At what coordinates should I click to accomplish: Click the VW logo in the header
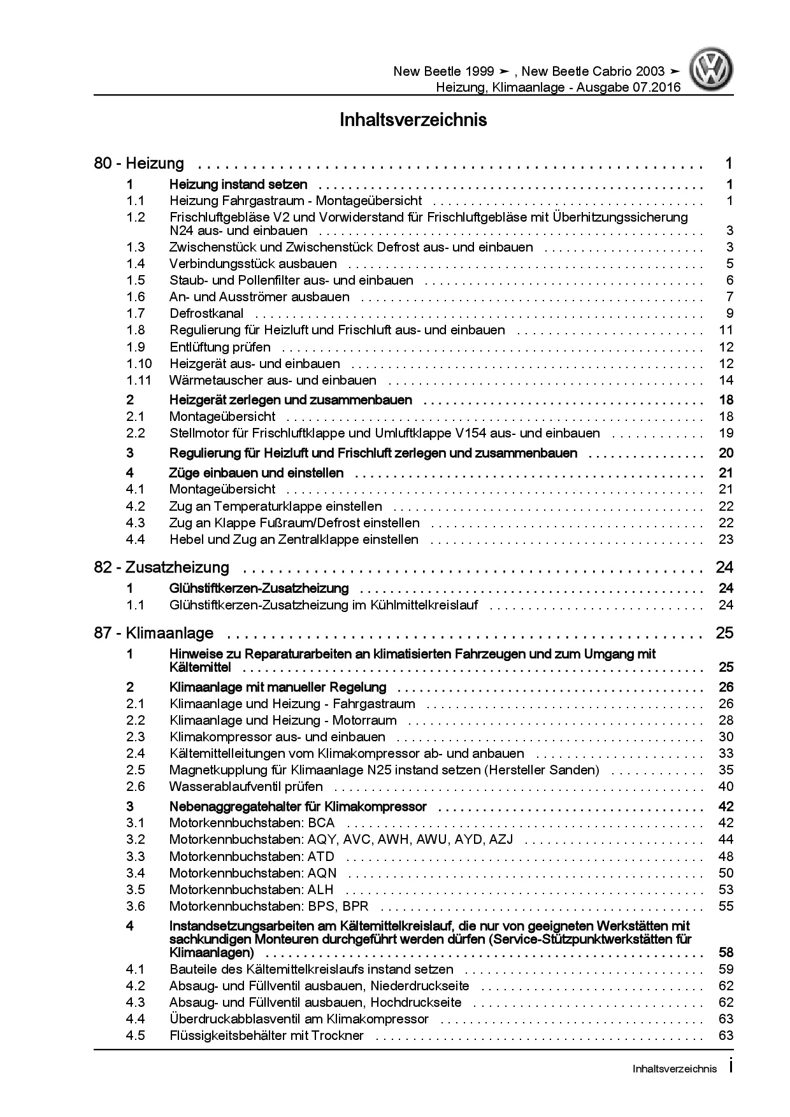pyautogui.click(x=713, y=71)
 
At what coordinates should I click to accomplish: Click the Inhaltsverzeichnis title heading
pyautogui.click(x=413, y=120)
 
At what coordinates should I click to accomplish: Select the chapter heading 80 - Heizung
pyautogui.click(x=139, y=164)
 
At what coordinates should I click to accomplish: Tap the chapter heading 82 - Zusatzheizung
pyautogui.click(x=162, y=567)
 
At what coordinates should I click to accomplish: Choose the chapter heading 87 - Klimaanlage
pyautogui.click(x=154, y=633)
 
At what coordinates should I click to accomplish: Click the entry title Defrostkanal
pyautogui.click(x=206, y=313)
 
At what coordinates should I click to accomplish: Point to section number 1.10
pyautogui.click(x=139, y=364)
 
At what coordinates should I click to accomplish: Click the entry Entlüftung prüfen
pyautogui.click(x=220, y=347)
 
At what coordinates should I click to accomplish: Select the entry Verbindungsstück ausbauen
pyautogui.click(x=253, y=264)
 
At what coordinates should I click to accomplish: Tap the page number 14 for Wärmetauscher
pyautogui.click(x=726, y=380)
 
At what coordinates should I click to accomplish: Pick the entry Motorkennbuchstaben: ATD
pyautogui.click(x=252, y=857)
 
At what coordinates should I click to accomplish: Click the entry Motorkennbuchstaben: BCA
pyautogui.click(x=252, y=823)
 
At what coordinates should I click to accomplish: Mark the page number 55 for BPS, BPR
pyautogui.click(x=726, y=906)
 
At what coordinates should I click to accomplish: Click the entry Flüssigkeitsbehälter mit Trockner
pyautogui.click(x=266, y=1035)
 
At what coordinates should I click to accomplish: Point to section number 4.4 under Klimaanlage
pyautogui.click(x=136, y=1019)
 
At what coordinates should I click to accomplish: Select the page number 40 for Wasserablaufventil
pyautogui.click(x=726, y=786)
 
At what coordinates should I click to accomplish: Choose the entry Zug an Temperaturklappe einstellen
pyautogui.click(x=275, y=506)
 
